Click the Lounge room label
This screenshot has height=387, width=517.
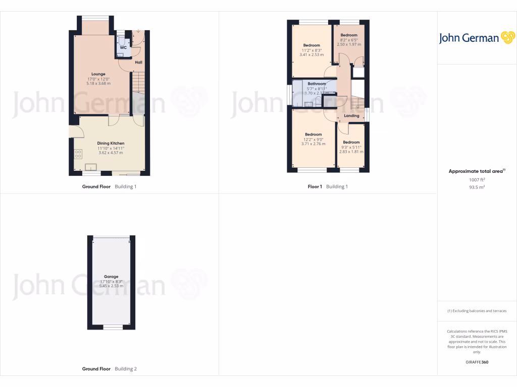[x=98, y=74]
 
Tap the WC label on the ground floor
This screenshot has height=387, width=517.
[x=123, y=48]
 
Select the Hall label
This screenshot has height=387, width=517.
[x=138, y=62]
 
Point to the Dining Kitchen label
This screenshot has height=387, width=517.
[x=111, y=143]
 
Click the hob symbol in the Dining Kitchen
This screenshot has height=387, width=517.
[x=78, y=153]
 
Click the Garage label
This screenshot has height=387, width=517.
[x=111, y=277]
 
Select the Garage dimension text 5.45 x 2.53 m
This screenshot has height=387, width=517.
[x=111, y=286]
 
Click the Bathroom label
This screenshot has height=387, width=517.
[x=317, y=84]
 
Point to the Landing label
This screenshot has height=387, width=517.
[x=351, y=116]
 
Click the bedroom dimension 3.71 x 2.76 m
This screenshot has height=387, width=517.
[x=313, y=144]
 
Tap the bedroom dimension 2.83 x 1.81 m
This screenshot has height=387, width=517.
[x=351, y=152]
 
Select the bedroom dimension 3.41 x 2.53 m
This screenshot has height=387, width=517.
[x=311, y=54]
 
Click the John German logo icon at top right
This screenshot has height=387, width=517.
[x=507, y=38]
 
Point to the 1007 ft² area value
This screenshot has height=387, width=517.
[x=477, y=179]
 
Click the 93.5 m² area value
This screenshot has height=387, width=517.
[x=477, y=187]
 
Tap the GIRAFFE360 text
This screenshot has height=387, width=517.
[x=477, y=362]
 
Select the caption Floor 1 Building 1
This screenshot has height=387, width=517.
[x=328, y=186]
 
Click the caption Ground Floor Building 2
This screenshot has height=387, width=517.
[x=110, y=369]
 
